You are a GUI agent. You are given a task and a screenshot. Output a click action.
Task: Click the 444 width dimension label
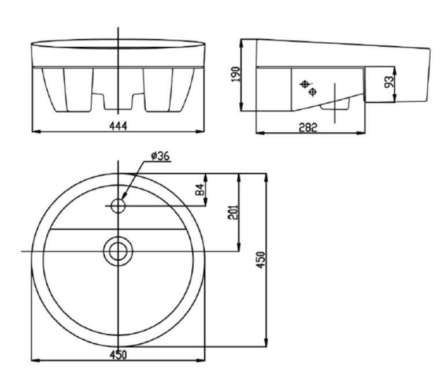pos(118,126)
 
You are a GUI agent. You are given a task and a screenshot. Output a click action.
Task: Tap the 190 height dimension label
pos(236,75)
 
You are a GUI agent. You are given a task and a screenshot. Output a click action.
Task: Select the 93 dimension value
pos(389,82)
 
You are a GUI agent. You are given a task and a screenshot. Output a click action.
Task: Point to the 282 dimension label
pos(308,128)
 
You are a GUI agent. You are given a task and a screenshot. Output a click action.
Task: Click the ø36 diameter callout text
pos(160,156)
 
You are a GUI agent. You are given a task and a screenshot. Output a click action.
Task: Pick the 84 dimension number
pos(199,189)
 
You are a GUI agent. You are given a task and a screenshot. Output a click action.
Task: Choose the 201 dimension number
pos(233,212)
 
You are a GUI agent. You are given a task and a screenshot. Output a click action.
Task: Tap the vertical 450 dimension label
pos(261,260)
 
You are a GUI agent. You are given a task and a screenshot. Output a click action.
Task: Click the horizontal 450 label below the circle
pos(118,355)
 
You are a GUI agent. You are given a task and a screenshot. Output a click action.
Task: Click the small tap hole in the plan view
pos(118,206)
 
